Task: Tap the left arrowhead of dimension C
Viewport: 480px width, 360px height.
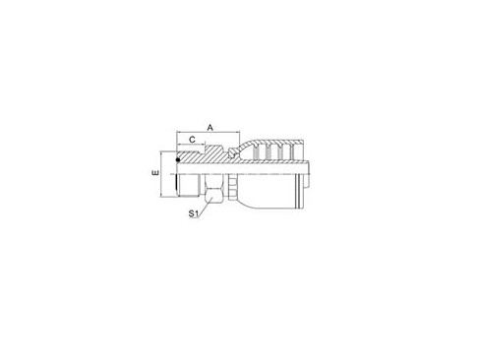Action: (179, 147)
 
